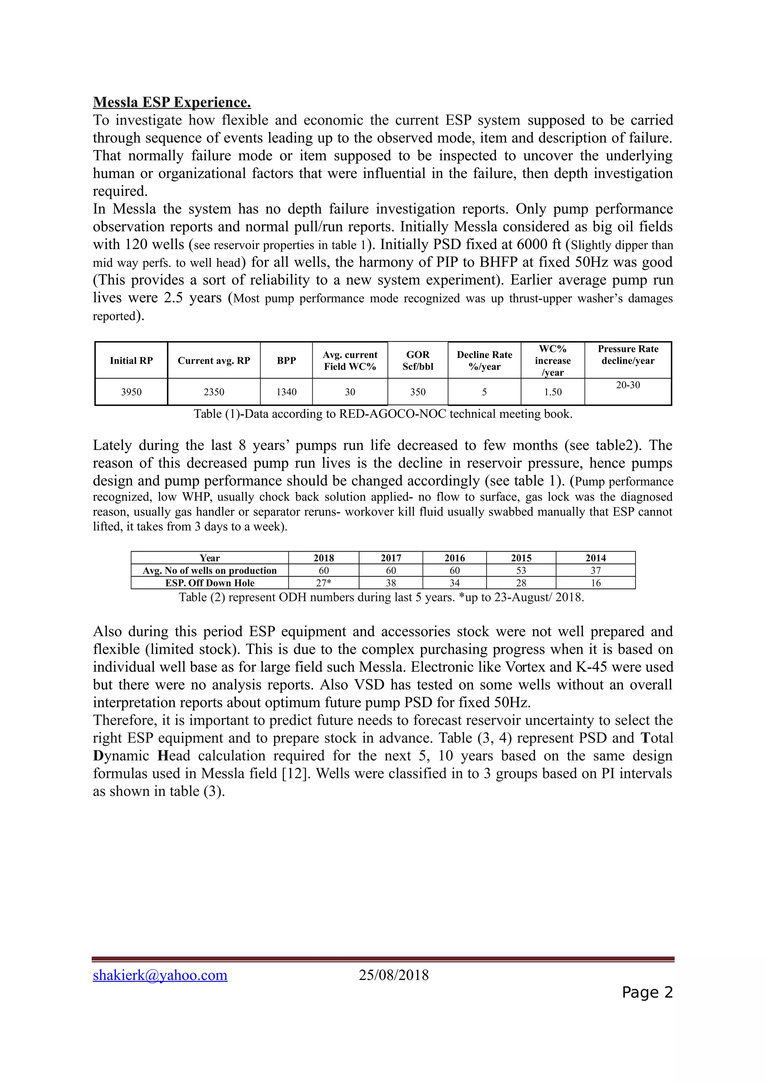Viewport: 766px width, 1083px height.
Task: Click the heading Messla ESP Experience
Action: [172, 102]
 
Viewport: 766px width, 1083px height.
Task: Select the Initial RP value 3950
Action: [131, 392]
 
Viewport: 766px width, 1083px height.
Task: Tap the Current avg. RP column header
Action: [214, 361]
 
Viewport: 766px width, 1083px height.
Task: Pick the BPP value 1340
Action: [287, 392]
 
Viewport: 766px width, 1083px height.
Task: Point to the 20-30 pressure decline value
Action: [628, 385]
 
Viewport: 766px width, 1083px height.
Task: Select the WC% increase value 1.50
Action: [553, 392]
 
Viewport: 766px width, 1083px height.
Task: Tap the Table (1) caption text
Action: [383, 414]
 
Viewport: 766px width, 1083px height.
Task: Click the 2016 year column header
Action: [454, 558]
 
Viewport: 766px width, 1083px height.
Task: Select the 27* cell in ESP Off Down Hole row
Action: [324, 583]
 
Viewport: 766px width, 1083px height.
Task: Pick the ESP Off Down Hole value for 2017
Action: [391, 583]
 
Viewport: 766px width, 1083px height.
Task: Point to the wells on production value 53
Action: [521, 571]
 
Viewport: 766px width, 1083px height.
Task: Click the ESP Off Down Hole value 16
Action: [595, 583]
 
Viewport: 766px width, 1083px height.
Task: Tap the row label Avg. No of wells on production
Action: [209, 571]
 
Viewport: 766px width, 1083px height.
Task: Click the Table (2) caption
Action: [382, 598]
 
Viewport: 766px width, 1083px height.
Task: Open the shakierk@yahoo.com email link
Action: [160, 975]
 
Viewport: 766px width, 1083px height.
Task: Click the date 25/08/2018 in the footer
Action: [393, 975]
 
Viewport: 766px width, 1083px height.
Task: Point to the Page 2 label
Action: [647, 993]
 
